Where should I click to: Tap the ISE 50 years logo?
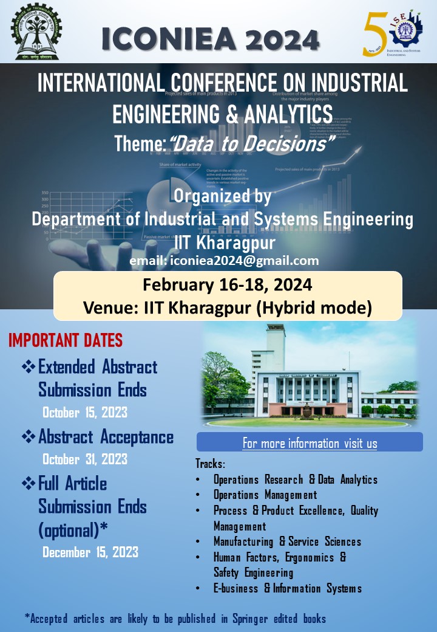390,32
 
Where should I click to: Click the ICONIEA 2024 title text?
211,39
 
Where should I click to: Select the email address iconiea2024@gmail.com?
224,261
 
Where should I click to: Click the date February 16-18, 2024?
228,286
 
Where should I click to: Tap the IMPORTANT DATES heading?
66,340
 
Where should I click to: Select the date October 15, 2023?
85,412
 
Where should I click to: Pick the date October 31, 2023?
85,458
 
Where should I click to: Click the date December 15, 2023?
90,552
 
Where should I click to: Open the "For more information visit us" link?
310,443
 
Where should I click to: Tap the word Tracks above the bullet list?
210,464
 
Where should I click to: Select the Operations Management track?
265,495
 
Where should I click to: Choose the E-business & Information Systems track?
288,588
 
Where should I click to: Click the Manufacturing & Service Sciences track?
287,541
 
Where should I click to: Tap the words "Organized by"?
222,196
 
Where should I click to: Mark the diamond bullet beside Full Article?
29,483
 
